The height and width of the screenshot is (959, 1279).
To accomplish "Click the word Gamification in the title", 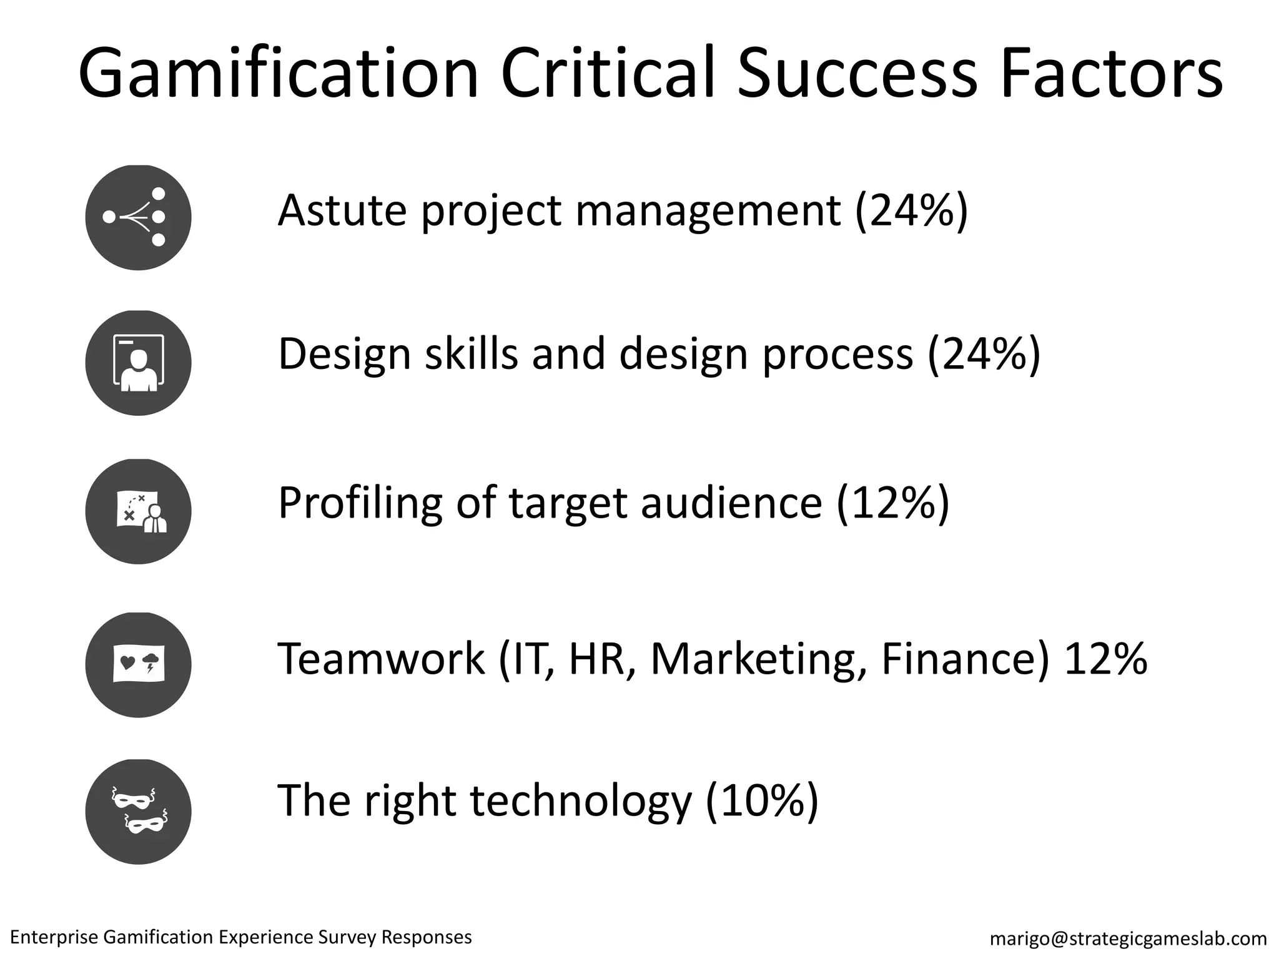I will click(x=278, y=74).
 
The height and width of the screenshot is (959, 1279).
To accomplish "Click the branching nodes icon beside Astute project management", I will click(x=138, y=217).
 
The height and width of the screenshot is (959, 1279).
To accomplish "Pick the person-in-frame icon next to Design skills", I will click(x=138, y=363).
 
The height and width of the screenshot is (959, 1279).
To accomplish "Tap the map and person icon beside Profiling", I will click(x=138, y=511).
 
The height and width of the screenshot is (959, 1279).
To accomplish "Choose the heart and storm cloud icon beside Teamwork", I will click(x=138, y=664).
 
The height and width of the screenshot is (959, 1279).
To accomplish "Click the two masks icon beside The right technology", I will click(x=138, y=812).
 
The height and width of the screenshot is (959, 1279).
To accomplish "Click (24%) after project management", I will click(x=911, y=210).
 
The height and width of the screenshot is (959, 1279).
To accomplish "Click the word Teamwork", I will click(x=380, y=658).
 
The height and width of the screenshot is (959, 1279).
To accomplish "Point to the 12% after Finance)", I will click(x=1105, y=658).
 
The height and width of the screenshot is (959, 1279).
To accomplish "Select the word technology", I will click(x=580, y=800).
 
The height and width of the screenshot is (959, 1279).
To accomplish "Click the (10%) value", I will click(x=761, y=800).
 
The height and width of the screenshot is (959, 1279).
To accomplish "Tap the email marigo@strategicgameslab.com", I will click(x=1128, y=938).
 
